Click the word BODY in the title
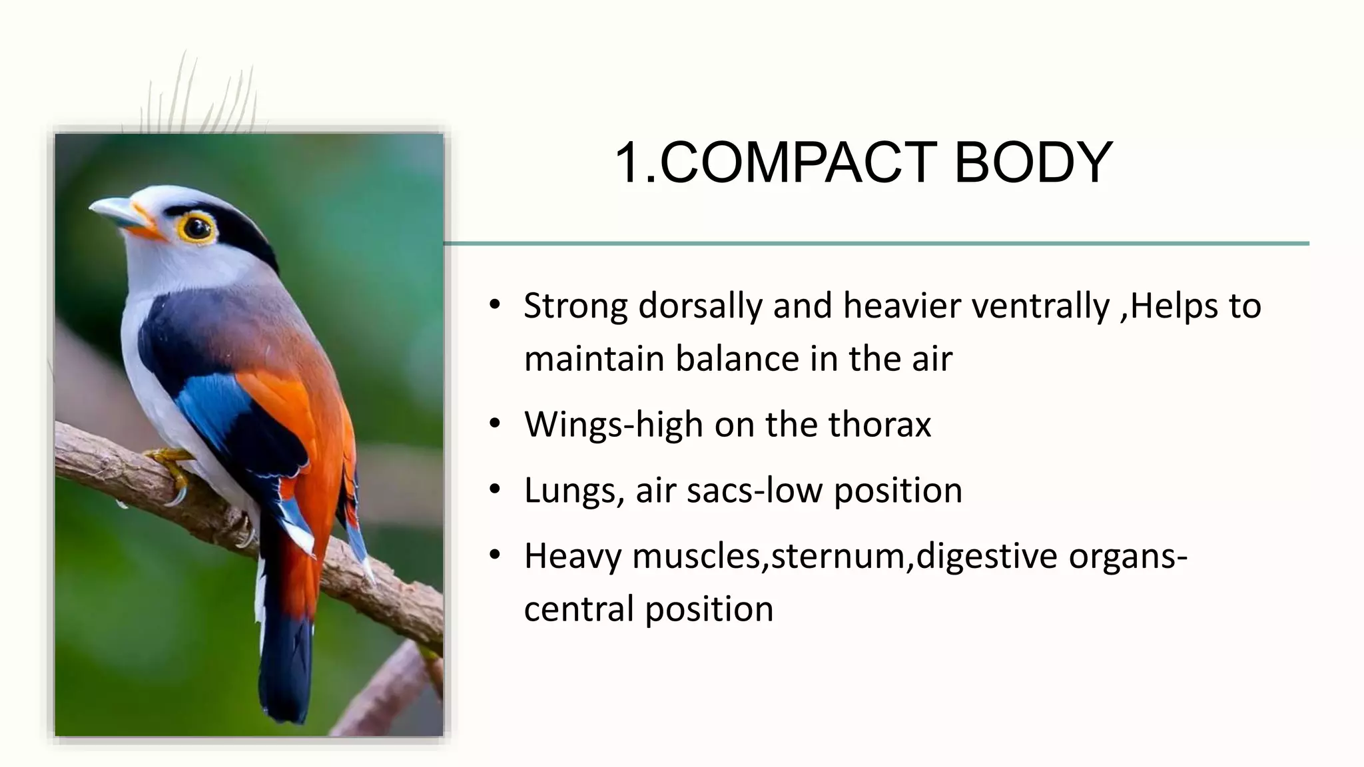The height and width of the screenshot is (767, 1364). click(x=1033, y=163)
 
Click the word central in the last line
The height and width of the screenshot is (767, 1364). click(x=578, y=609)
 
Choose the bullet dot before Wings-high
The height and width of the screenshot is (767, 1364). click(x=494, y=424)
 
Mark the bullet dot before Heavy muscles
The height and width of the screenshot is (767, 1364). click(x=494, y=555)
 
